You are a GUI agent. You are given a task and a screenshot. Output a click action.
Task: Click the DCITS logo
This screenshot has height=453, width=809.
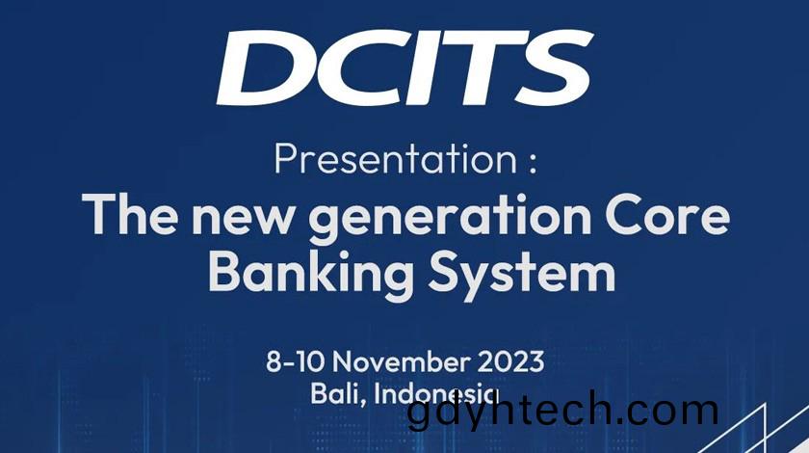click(405, 68)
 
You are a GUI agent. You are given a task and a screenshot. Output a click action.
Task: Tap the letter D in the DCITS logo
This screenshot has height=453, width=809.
click(264, 68)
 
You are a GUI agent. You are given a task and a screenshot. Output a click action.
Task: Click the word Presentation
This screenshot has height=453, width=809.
click(396, 159)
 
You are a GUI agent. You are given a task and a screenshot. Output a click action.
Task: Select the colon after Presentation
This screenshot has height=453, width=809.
click(533, 163)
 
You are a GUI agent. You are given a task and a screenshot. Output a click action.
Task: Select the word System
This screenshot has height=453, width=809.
click(522, 274)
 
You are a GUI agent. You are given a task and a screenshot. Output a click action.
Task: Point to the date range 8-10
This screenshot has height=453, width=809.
click(295, 361)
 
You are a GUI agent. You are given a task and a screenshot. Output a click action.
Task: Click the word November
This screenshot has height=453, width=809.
click(402, 361)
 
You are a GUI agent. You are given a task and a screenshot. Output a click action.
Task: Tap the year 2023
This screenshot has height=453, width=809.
click(510, 361)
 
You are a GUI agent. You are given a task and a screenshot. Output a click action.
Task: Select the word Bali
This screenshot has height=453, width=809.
click(334, 394)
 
